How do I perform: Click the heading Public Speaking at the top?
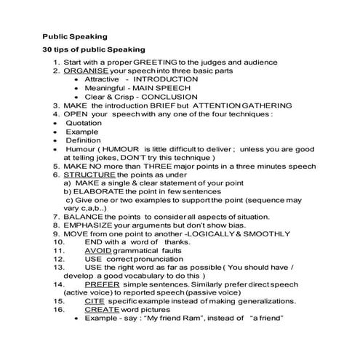click(74, 36)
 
